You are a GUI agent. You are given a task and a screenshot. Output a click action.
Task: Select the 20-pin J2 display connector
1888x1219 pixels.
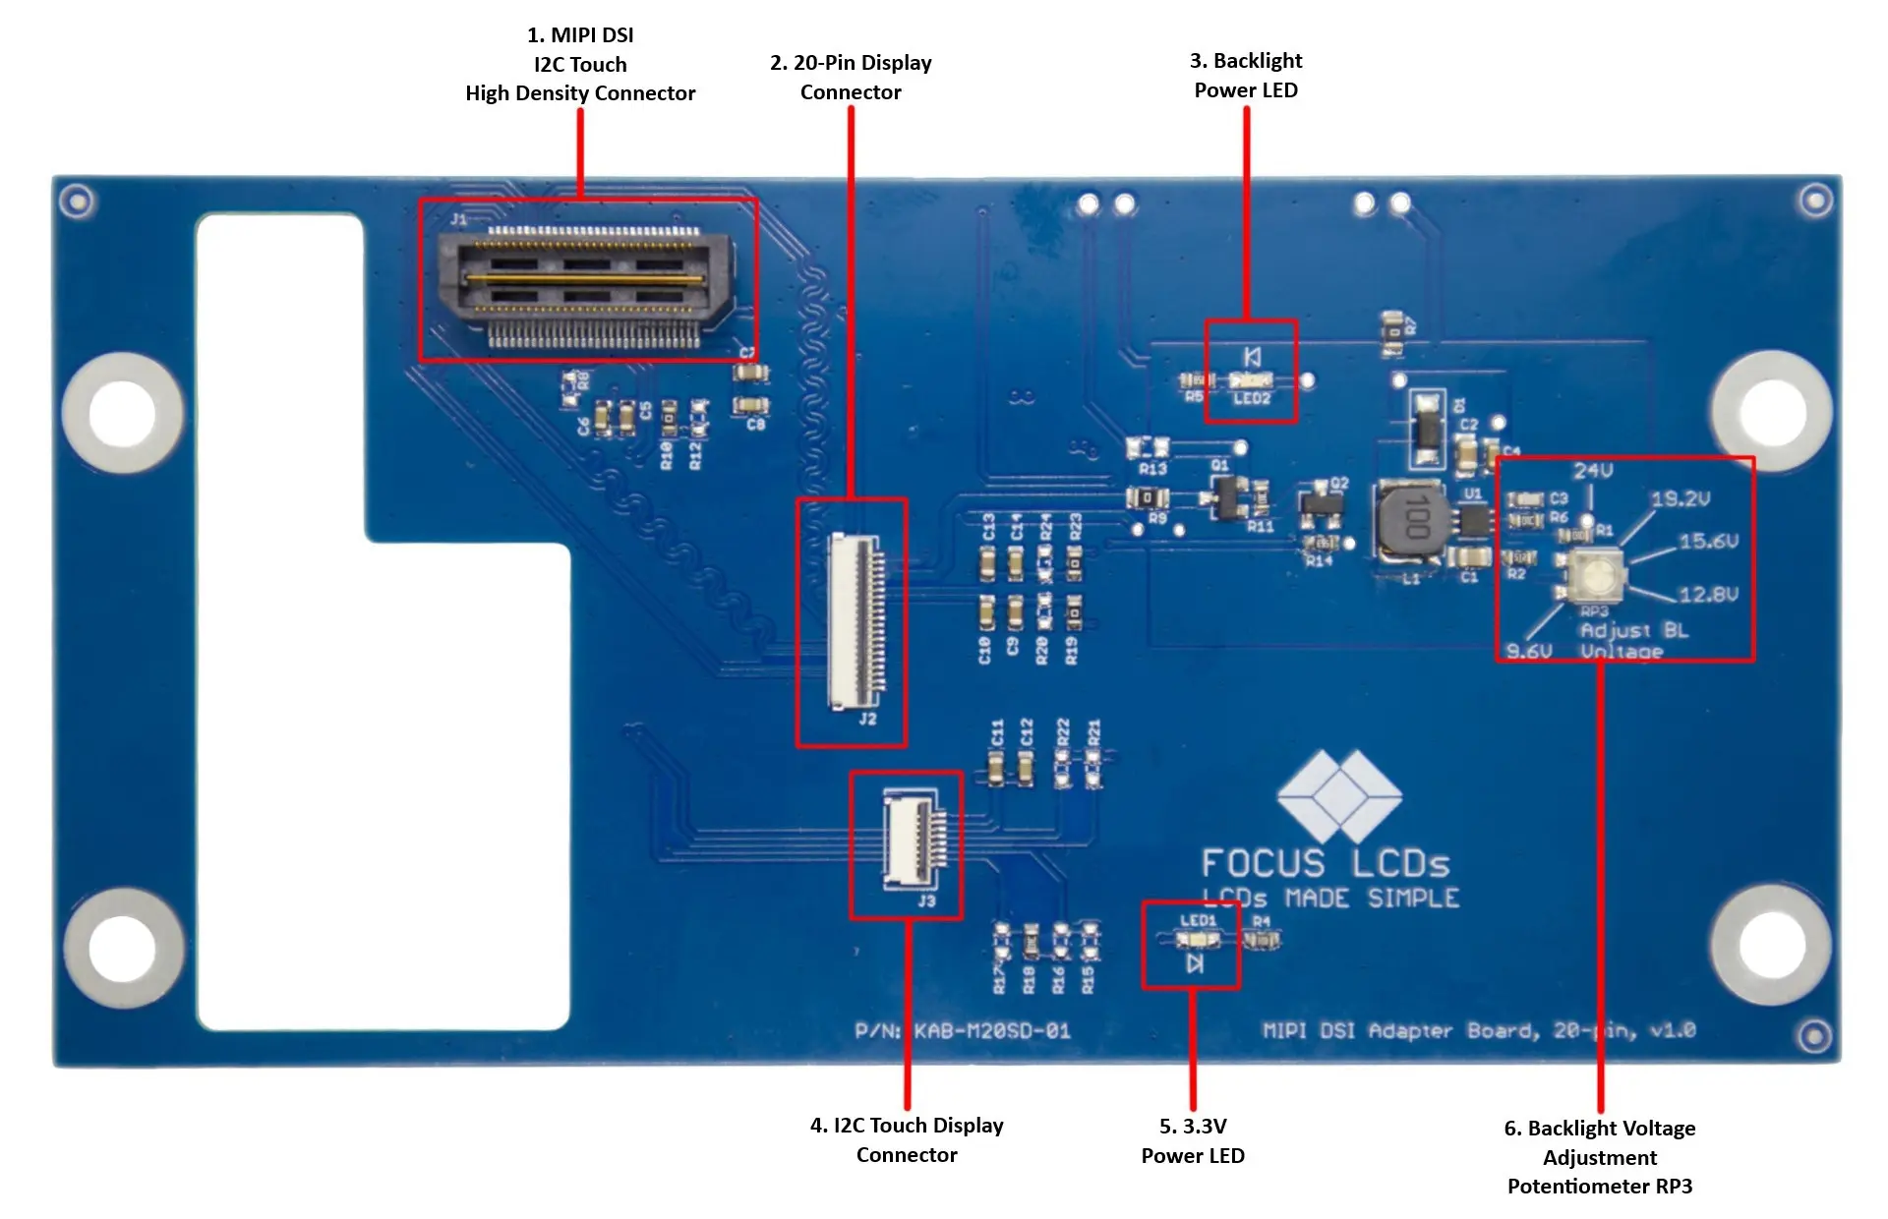point(855,621)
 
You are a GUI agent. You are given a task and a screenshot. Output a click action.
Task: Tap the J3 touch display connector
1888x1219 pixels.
point(914,841)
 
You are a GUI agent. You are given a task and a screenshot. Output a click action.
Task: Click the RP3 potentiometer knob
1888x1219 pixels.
point(1589,575)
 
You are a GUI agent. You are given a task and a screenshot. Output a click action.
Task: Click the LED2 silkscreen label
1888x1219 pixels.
point(1252,398)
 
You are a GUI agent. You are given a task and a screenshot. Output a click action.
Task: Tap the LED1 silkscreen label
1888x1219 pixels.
point(1198,921)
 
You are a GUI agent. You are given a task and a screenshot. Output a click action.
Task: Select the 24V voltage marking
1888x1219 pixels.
point(1592,471)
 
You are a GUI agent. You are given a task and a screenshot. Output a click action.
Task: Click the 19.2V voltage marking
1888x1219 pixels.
point(1681,499)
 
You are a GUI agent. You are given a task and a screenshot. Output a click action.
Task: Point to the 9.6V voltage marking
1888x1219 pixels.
point(1529,651)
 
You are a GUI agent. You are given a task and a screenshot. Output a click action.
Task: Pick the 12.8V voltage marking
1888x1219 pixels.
point(1708,595)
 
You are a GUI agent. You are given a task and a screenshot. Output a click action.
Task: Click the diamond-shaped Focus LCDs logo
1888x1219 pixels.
point(1338,795)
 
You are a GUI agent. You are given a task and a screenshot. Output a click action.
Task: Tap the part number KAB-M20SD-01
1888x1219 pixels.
point(991,1031)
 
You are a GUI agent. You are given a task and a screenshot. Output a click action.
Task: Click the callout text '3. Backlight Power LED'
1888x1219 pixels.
point(1246,76)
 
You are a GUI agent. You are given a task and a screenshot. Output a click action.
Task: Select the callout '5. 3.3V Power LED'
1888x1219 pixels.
point(1193,1140)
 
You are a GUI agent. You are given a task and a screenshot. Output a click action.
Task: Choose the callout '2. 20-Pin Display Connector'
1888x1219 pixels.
point(851,78)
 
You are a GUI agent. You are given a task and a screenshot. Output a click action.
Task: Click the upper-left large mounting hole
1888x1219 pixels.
point(122,412)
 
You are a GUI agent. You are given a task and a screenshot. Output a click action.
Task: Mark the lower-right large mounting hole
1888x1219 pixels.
point(1771,945)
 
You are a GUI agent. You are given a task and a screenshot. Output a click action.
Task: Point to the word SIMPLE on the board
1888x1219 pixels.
point(1413,899)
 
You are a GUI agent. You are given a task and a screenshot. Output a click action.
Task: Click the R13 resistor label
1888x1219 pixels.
point(1152,469)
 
